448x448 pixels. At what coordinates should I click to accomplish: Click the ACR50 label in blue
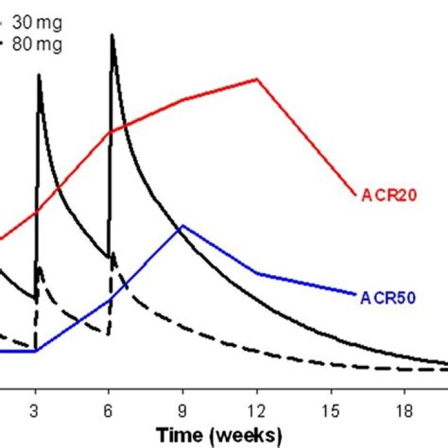pyautogui.click(x=388, y=298)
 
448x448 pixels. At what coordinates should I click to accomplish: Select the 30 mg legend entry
pyautogui.click(x=37, y=24)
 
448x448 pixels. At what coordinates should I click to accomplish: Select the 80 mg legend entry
pyautogui.click(x=37, y=45)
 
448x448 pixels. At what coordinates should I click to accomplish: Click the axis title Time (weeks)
pyautogui.click(x=219, y=434)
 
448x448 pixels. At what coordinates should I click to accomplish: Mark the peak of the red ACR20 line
pyautogui.click(x=257, y=79)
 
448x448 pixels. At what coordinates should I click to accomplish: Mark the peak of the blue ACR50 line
pyautogui.click(x=182, y=226)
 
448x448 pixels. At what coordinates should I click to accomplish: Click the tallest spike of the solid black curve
pyautogui.click(x=112, y=35)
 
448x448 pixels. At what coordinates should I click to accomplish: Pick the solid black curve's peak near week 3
pyautogui.click(x=39, y=75)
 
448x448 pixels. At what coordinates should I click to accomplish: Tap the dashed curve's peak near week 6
pyautogui.click(x=113, y=253)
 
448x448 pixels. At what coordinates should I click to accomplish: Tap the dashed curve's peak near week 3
pyautogui.click(x=39, y=268)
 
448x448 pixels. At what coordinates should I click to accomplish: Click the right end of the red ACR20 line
pyautogui.click(x=355, y=195)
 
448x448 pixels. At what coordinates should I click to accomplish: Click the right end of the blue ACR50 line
pyautogui.click(x=356, y=293)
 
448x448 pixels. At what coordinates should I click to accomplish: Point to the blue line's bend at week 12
pyautogui.click(x=257, y=273)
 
